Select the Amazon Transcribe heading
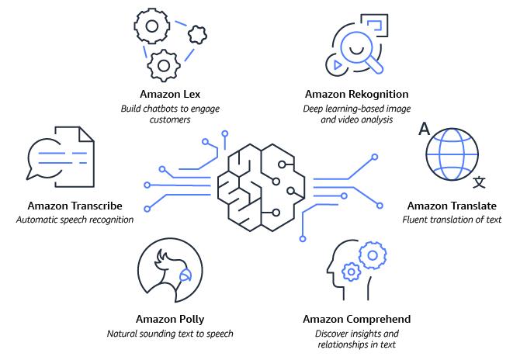point(75,206)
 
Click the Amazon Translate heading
point(452,206)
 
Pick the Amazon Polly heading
point(170,319)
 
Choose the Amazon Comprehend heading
point(358,319)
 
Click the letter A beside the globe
point(424,128)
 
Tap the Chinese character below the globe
point(480,182)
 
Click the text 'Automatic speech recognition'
point(75,220)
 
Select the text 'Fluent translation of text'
point(452,220)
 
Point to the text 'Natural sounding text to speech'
point(170,334)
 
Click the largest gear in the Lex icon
point(154,27)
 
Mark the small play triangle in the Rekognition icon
point(337,65)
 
